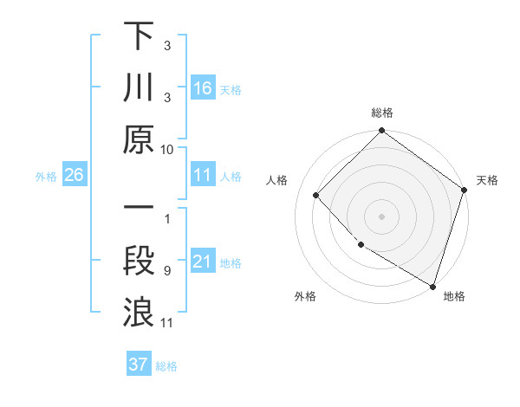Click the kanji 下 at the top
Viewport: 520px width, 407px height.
click(x=139, y=37)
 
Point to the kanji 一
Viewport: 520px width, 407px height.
click(x=139, y=210)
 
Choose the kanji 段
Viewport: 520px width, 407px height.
click(x=139, y=261)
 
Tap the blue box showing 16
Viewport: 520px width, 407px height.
click(x=203, y=87)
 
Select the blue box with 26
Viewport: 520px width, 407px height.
click(x=74, y=175)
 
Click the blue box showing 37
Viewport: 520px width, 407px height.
click(x=139, y=365)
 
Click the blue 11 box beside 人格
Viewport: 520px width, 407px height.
click(x=203, y=175)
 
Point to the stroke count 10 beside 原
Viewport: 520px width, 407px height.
click(x=167, y=149)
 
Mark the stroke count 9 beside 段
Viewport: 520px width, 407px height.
click(x=167, y=271)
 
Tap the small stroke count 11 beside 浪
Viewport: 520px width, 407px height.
click(x=167, y=323)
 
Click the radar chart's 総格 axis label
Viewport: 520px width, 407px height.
click(x=382, y=113)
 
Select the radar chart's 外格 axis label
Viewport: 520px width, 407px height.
click(x=305, y=296)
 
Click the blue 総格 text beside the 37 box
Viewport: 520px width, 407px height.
click(x=166, y=366)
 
